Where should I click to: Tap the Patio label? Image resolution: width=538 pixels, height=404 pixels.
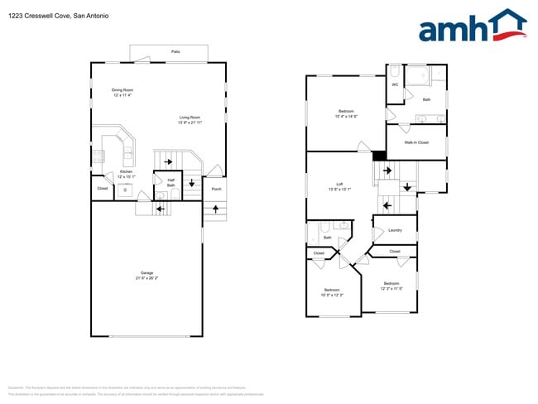click(x=175, y=51)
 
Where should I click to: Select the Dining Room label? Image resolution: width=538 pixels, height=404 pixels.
click(x=122, y=89)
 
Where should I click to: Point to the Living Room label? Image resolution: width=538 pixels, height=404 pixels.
click(x=190, y=118)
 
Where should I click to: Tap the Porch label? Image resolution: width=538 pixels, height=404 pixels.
click(x=216, y=189)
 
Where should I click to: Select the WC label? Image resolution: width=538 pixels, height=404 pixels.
click(x=395, y=84)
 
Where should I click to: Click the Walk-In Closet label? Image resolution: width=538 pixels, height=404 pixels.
click(x=416, y=142)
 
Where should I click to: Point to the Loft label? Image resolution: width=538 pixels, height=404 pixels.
click(x=339, y=184)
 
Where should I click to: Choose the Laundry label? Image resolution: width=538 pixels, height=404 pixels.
click(x=395, y=230)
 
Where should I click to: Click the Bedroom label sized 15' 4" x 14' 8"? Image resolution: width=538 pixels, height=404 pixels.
click(x=345, y=111)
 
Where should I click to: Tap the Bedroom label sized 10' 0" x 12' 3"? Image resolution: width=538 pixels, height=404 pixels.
click(x=332, y=291)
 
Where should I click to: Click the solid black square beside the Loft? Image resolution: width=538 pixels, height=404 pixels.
click(x=379, y=156)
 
